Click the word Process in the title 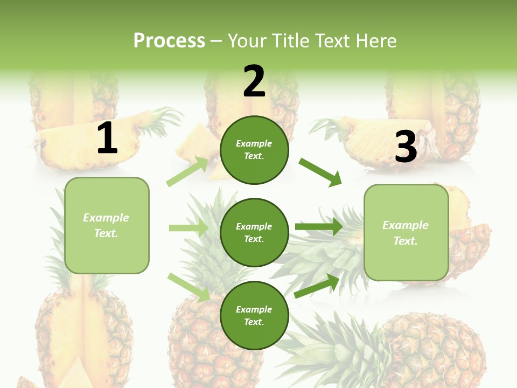[169, 41]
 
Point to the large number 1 [107, 138]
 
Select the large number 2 [254, 81]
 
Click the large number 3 [406, 147]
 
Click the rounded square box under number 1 [107, 225]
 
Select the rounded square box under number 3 [406, 233]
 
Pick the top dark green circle [254, 150]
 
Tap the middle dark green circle [254, 233]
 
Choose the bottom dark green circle [254, 316]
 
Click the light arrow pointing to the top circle [187, 171]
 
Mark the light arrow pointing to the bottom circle [189, 287]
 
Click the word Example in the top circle [254, 144]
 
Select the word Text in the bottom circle [253, 322]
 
